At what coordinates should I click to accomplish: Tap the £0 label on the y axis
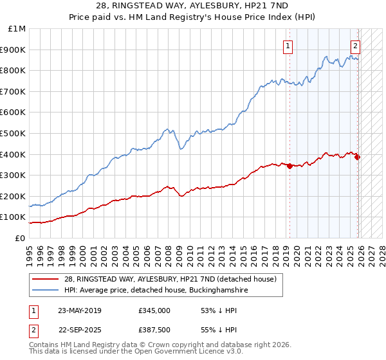pyautogui.click(x=20, y=239)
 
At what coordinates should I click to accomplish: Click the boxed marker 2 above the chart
pyautogui.click(x=355, y=46)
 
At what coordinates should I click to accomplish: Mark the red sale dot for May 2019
pyautogui.click(x=289, y=166)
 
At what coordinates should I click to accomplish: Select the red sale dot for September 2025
pyautogui.click(x=358, y=157)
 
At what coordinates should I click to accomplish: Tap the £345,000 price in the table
pyautogui.click(x=154, y=310)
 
